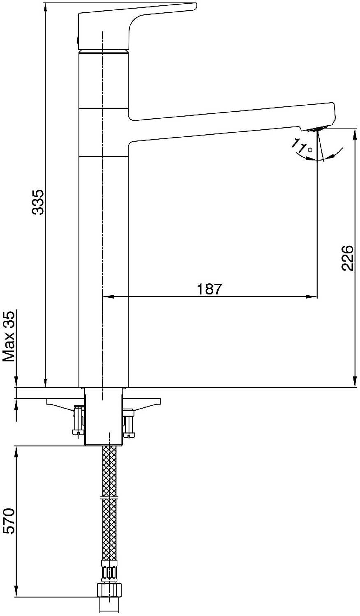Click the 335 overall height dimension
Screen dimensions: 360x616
coord(38,202)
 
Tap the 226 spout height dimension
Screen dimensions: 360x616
coord(347,257)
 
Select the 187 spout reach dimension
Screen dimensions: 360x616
coord(210,289)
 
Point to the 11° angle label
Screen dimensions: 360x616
coord(302,147)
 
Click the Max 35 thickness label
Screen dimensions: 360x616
coord(9,336)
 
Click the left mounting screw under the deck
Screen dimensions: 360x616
coord(78,420)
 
